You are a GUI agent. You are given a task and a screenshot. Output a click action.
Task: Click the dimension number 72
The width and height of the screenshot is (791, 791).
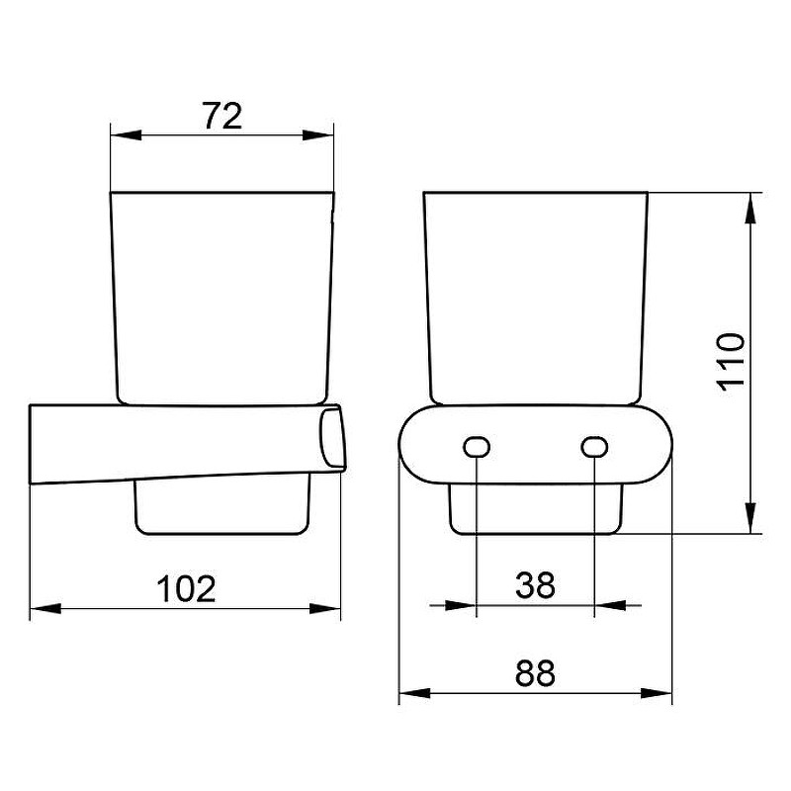click(222, 116)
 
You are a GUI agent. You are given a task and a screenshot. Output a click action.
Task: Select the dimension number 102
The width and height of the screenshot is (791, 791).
click(186, 588)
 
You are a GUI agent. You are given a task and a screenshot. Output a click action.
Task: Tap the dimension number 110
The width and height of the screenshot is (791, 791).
click(731, 362)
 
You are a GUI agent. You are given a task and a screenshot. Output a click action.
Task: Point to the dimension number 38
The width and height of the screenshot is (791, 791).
click(535, 585)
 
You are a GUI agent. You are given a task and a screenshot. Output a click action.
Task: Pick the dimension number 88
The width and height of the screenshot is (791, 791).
click(535, 672)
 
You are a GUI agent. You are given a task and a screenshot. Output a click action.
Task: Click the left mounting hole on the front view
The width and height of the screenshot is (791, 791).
click(477, 447)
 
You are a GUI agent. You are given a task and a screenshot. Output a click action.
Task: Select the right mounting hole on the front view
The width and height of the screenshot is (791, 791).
click(594, 447)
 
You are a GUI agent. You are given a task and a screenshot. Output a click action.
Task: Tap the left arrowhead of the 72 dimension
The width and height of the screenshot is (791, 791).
click(126, 135)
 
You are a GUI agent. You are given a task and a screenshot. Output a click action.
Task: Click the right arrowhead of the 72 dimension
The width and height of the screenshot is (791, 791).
click(318, 135)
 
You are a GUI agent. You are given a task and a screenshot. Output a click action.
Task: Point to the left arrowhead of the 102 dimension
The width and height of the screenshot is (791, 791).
click(45, 608)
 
